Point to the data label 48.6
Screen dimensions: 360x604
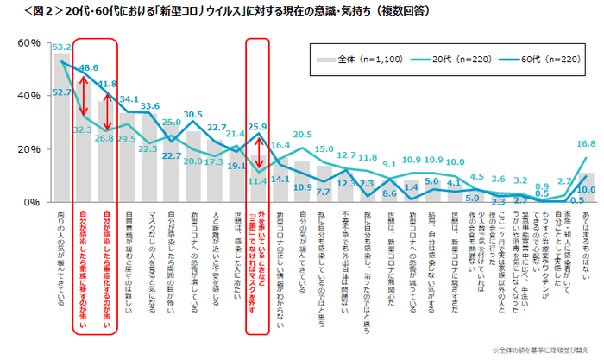tap(88, 66)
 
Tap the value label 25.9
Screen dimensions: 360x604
tap(257, 127)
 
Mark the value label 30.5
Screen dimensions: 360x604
tap(193, 114)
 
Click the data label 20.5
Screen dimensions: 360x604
tap(302, 136)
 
